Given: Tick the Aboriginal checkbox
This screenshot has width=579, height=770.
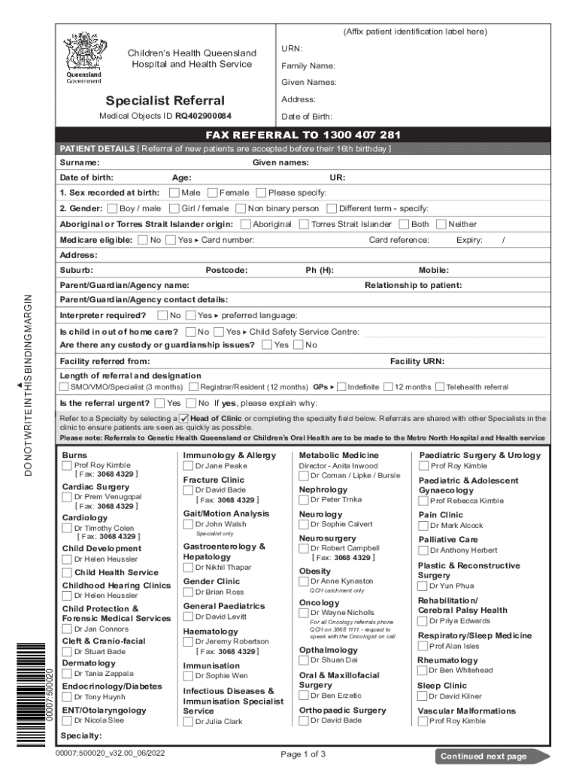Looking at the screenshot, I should click(245, 224).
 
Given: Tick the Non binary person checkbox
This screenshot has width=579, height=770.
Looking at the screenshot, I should click(241, 209).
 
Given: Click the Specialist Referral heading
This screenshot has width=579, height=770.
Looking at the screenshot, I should click(165, 101).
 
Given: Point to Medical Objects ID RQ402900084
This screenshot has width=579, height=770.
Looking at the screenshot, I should click(165, 117).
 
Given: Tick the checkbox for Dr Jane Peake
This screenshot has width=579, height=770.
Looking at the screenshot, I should click(188, 466).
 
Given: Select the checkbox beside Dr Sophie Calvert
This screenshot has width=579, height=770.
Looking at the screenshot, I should click(304, 524).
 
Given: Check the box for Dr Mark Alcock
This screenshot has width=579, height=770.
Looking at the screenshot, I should click(423, 526).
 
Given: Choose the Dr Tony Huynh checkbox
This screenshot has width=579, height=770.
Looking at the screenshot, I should click(68, 697).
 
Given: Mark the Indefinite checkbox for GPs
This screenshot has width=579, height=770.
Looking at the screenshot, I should click(341, 387).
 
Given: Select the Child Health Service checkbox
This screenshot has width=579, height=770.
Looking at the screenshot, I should click(68, 572).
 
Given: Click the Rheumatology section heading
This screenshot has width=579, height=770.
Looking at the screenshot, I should click(447, 660).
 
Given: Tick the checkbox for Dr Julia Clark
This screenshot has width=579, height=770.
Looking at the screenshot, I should click(188, 721).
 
